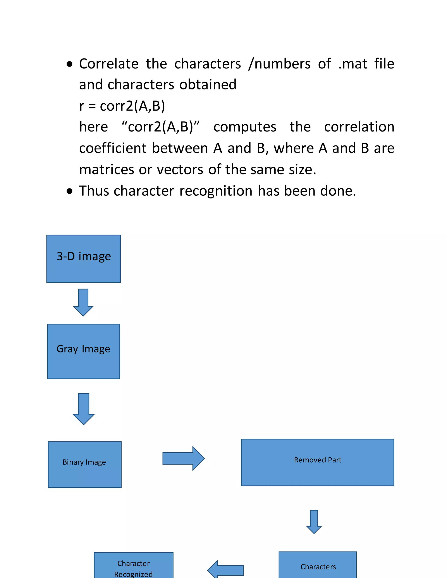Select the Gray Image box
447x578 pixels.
point(83,351)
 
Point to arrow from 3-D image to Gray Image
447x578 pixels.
point(83,302)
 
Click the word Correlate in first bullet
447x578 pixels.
point(108,64)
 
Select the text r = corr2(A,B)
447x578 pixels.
point(122,106)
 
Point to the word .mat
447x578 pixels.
point(352,64)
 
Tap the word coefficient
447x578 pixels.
point(113,148)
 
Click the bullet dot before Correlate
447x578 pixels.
point(69,64)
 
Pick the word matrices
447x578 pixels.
point(107,169)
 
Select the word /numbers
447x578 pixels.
point(279,64)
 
